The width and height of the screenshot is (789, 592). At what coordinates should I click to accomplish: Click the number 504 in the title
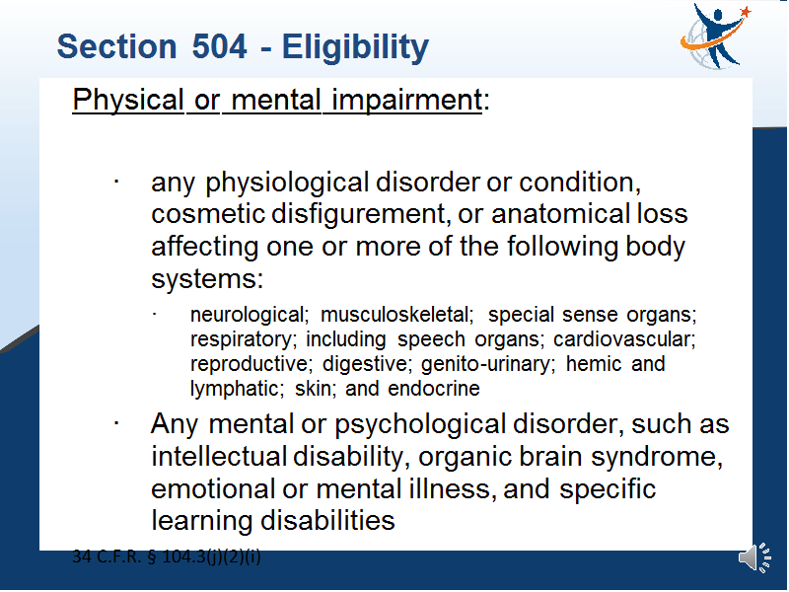(x=219, y=46)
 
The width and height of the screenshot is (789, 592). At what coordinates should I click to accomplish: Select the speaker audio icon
(x=754, y=557)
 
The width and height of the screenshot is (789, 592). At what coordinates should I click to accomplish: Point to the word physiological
(x=287, y=184)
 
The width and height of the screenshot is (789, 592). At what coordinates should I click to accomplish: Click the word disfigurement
(x=358, y=215)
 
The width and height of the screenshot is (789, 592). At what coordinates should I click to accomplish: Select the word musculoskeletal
(x=397, y=315)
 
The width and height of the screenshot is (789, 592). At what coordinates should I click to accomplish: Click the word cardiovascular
(x=624, y=339)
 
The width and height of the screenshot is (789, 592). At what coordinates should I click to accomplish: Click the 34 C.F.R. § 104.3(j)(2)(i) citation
(x=167, y=556)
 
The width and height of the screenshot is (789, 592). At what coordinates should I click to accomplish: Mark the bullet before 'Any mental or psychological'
(x=116, y=423)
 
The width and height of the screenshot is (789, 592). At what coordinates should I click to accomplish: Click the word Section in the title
(x=116, y=46)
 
